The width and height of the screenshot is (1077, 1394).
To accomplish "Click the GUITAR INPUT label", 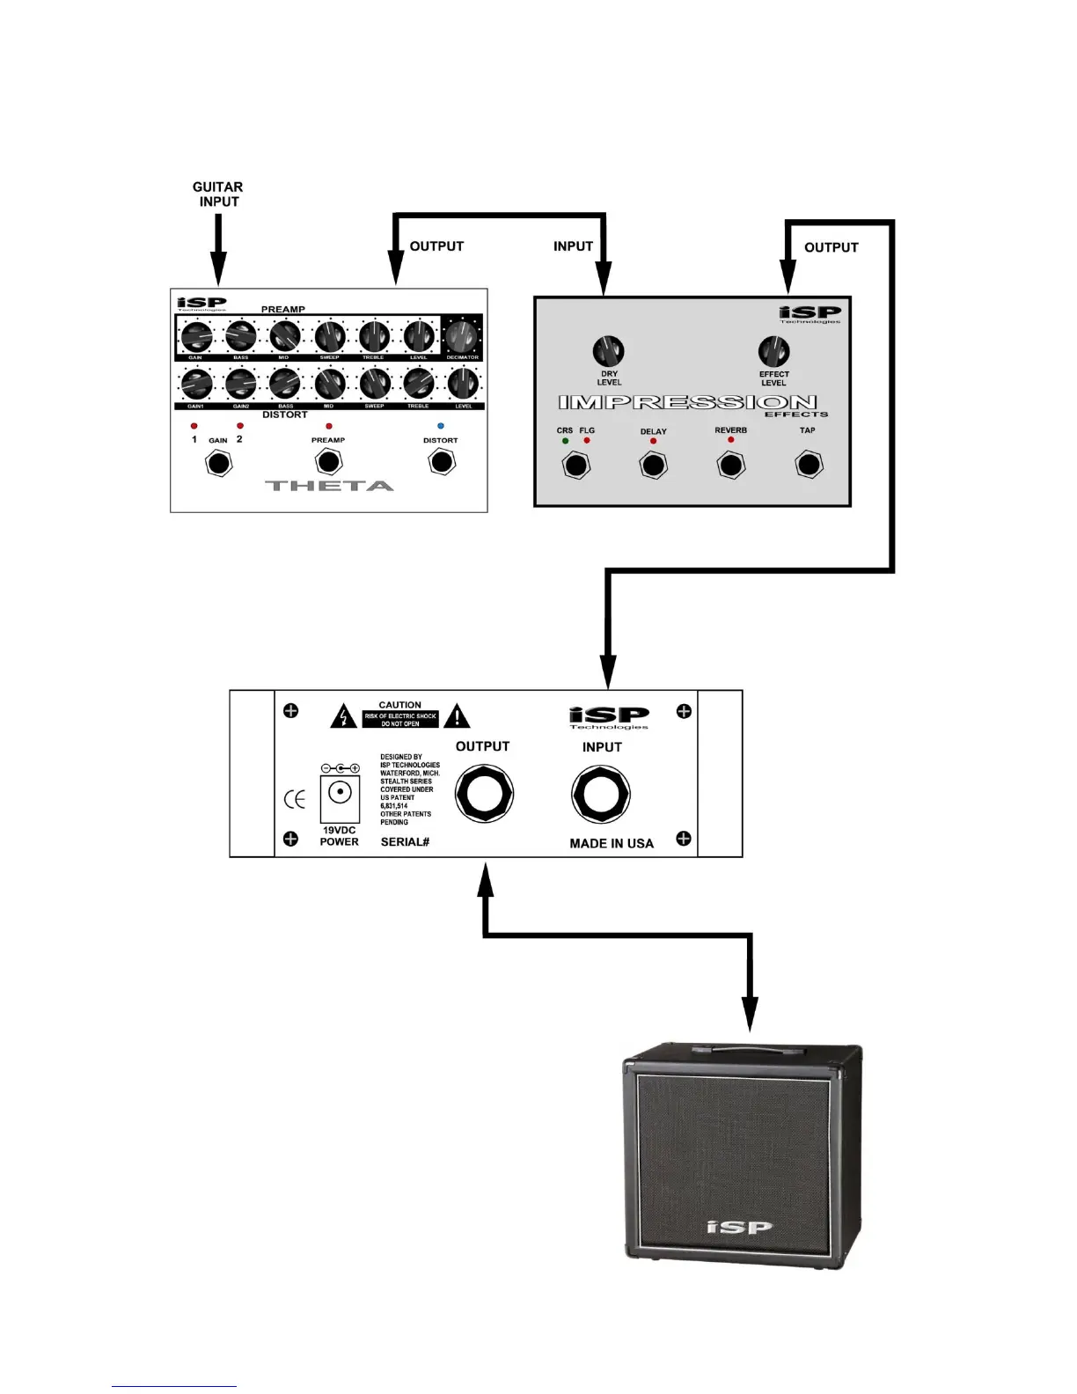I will click(218, 194).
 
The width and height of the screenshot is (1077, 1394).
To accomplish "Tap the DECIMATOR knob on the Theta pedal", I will click(462, 336).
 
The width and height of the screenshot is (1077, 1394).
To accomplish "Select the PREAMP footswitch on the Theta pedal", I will click(328, 461).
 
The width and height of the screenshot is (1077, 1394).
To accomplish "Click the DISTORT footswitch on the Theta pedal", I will click(442, 461).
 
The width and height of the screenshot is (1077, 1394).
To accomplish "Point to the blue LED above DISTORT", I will click(441, 426).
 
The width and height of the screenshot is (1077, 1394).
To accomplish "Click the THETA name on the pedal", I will click(329, 486).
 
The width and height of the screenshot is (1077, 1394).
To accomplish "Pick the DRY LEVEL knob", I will click(609, 351).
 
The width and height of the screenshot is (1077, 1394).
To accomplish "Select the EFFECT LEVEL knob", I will click(773, 351).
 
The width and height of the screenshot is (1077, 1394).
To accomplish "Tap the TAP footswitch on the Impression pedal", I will click(809, 465).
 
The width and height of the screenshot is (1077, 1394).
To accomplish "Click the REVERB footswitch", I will click(731, 465).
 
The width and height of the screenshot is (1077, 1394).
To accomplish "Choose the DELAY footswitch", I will click(653, 465).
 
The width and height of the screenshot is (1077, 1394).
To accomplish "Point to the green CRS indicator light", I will click(565, 441).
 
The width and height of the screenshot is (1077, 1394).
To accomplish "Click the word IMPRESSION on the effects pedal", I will click(687, 403).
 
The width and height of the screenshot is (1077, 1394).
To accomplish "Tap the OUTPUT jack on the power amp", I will click(484, 795).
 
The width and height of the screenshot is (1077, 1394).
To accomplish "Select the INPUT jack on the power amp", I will click(601, 795).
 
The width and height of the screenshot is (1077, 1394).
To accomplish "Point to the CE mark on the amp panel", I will click(295, 799).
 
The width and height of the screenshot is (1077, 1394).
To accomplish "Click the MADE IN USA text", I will click(612, 843).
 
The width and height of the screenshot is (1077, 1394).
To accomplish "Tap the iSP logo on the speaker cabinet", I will click(740, 1227).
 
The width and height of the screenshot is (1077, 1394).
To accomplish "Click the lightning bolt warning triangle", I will click(343, 716).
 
